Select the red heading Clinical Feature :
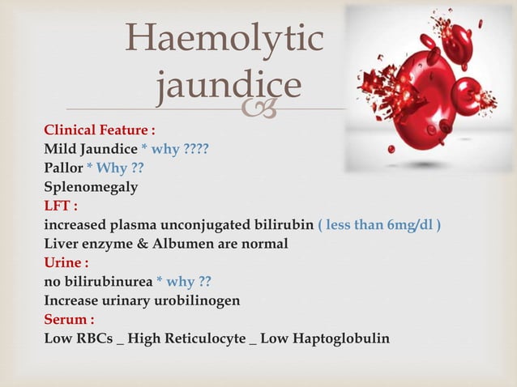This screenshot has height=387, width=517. (x=100, y=130)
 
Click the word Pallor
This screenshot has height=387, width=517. (x=63, y=168)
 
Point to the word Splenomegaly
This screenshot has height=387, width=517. (x=91, y=187)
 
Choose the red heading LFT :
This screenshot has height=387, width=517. (x=61, y=206)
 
